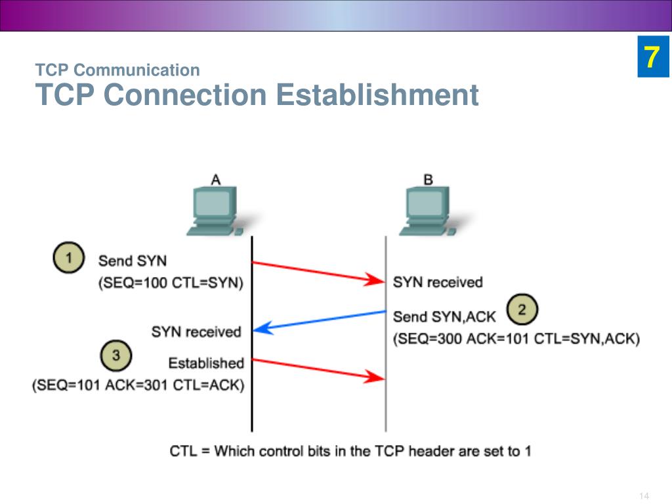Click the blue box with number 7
point(651,58)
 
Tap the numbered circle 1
point(68,258)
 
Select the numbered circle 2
point(522,310)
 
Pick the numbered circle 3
point(116,356)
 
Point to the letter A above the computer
point(215,179)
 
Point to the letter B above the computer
point(428,179)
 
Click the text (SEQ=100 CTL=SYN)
point(171,283)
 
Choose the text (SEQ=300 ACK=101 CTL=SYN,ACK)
point(516,339)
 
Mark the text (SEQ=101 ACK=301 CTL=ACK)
point(138,385)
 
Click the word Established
point(206,363)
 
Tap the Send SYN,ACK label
point(444,317)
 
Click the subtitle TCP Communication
point(117,70)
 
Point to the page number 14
point(643,495)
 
